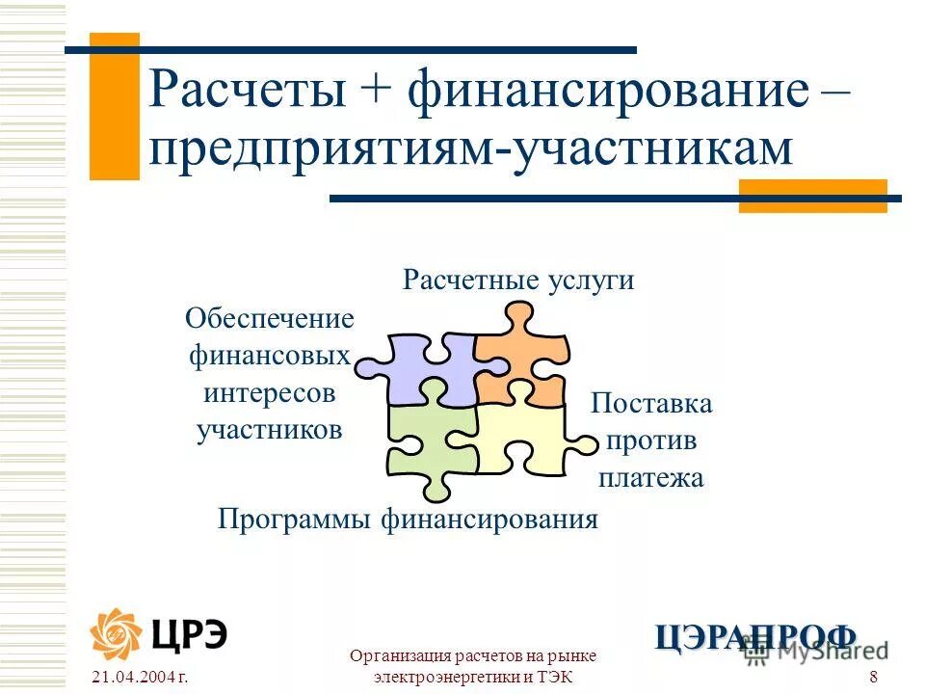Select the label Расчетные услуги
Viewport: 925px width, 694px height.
[518, 280]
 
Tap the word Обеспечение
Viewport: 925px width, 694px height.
[270, 318]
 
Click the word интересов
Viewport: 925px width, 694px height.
[270, 393]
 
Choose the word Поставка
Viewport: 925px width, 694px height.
[651, 403]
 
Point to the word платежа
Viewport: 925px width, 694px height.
[651, 477]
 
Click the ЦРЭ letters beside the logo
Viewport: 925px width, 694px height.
[189, 633]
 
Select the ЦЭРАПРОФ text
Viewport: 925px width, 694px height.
[755, 636]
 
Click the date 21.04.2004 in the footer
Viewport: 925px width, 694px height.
[137, 678]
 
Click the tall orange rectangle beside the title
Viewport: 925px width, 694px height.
[114, 106]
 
